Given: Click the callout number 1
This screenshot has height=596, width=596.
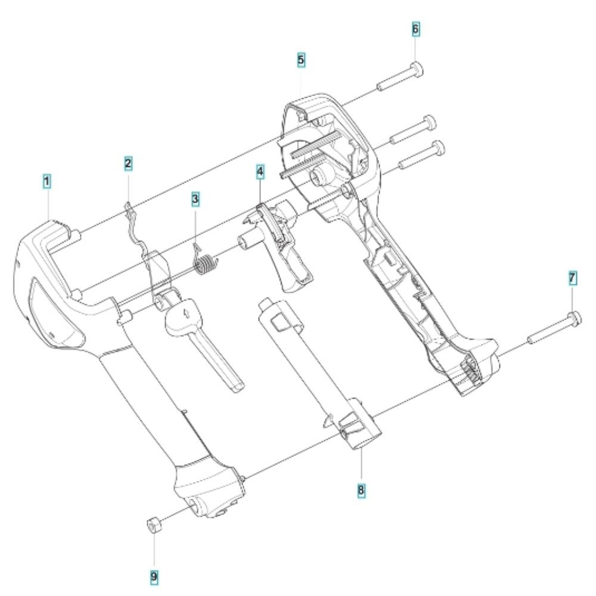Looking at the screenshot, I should pyautogui.click(x=46, y=179).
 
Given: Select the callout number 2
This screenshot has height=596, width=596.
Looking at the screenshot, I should pyautogui.click(x=128, y=162).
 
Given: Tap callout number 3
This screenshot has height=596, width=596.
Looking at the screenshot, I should pyautogui.click(x=195, y=198).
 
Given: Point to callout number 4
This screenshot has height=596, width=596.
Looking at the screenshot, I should pyautogui.click(x=260, y=172).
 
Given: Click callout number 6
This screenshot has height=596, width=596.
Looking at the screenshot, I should pyautogui.click(x=415, y=29).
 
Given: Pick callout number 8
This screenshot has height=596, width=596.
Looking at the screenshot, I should pyautogui.click(x=361, y=490).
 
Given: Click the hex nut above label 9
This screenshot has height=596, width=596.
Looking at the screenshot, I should pyautogui.click(x=152, y=525).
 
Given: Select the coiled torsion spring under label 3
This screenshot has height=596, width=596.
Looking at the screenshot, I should pyautogui.click(x=204, y=263).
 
